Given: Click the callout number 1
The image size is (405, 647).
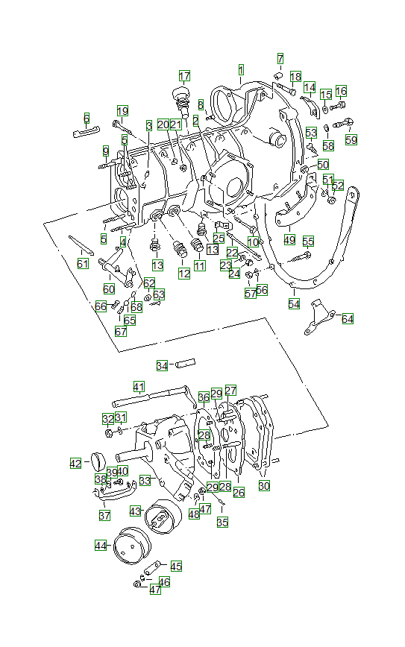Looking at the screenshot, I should (241, 70).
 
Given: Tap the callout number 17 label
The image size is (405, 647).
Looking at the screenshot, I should (184, 75).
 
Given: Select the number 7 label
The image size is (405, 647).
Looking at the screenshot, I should (280, 58).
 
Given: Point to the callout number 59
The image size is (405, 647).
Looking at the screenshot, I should (351, 139).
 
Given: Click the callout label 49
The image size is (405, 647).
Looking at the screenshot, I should (289, 240).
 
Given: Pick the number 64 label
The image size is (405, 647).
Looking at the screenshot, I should (348, 318).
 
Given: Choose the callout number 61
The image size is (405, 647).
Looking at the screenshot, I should (82, 263).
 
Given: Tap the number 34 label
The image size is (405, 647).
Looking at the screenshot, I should (162, 365).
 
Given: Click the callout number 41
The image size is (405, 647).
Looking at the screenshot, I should (139, 386).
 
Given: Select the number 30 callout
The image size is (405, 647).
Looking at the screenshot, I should (264, 485).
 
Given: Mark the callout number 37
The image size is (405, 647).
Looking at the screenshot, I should (104, 515).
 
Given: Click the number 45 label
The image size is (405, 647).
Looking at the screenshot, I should (176, 566).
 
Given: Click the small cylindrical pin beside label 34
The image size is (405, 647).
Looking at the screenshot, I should (184, 364).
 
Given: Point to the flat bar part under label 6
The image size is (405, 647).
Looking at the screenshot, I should (87, 133).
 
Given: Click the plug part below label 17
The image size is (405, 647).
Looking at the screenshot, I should (180, 97).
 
